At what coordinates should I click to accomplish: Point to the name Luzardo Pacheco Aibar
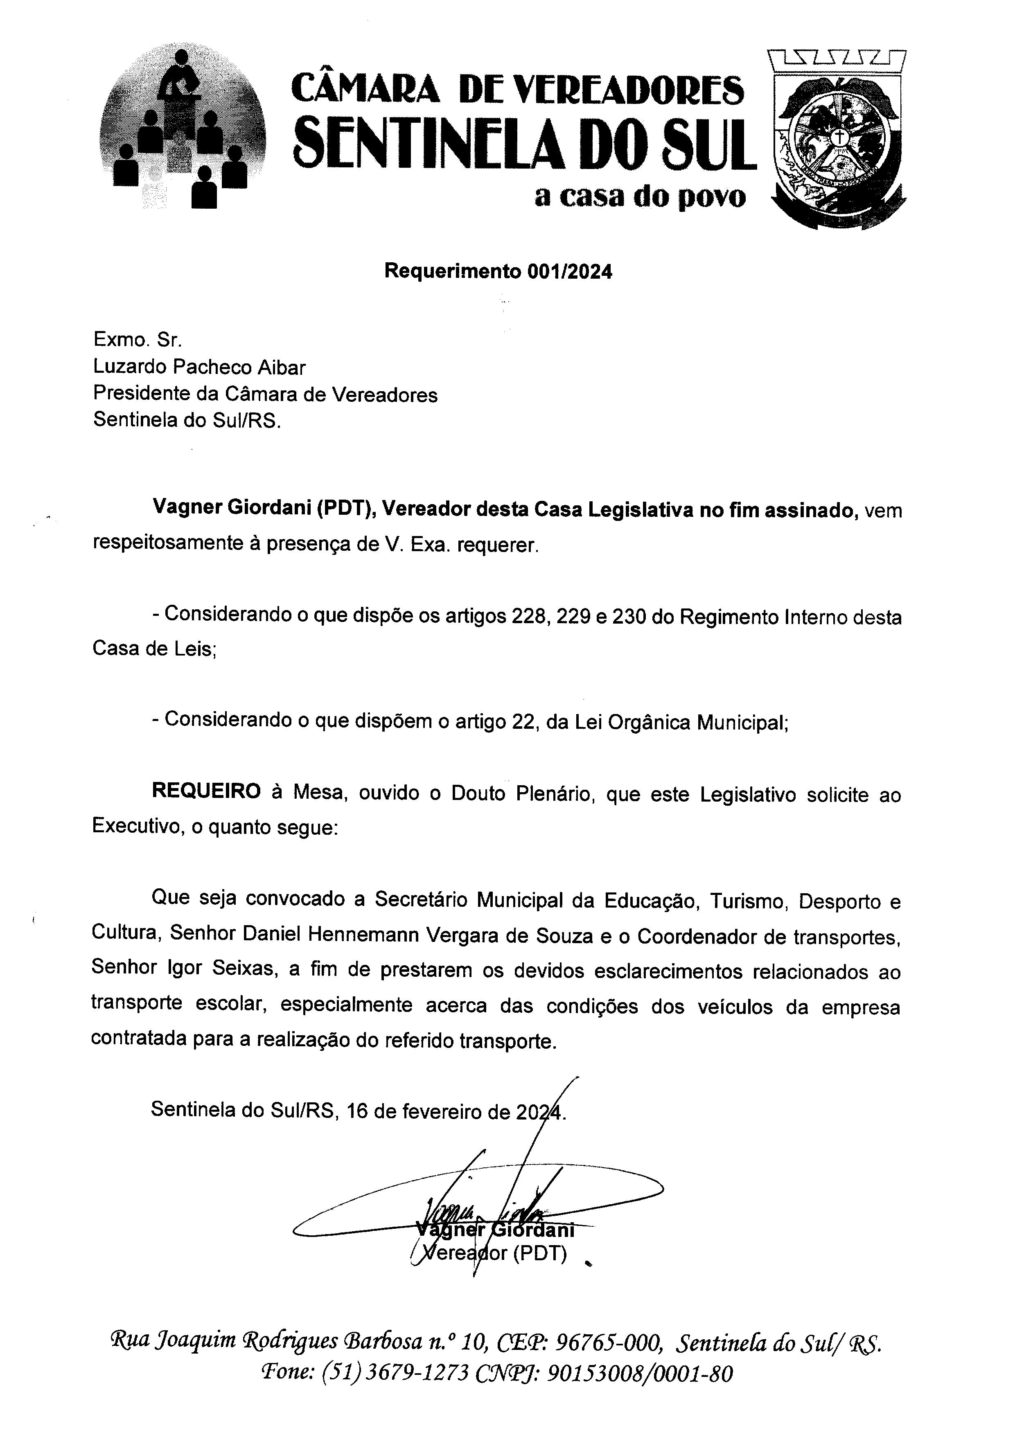coord(199,367)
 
